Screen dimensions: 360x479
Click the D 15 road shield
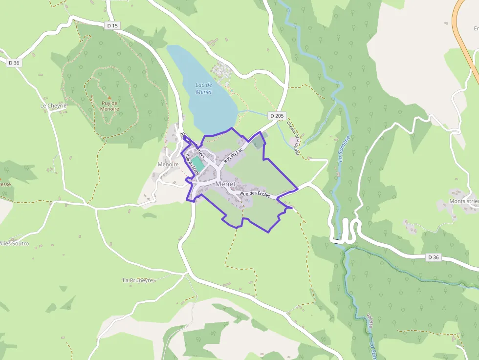point(112,25)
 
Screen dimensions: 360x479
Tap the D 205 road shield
point(277,116)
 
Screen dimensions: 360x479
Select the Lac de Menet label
point(203,88)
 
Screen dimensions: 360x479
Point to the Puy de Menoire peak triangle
point(109,98)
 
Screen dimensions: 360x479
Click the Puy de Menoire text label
point(109,106)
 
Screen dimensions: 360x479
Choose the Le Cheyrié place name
point(53,106)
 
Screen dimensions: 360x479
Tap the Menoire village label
point(168,165)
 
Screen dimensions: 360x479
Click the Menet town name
point(225,184)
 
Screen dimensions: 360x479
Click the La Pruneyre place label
point(138,280)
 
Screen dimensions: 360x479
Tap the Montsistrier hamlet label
point(463,202)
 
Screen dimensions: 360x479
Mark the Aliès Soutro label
point(14,243)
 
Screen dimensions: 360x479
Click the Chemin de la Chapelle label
point(293,139)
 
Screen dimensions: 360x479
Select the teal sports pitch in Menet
point(197,162)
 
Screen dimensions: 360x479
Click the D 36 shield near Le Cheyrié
point(14,63)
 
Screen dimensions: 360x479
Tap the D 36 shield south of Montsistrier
point(433,257)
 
